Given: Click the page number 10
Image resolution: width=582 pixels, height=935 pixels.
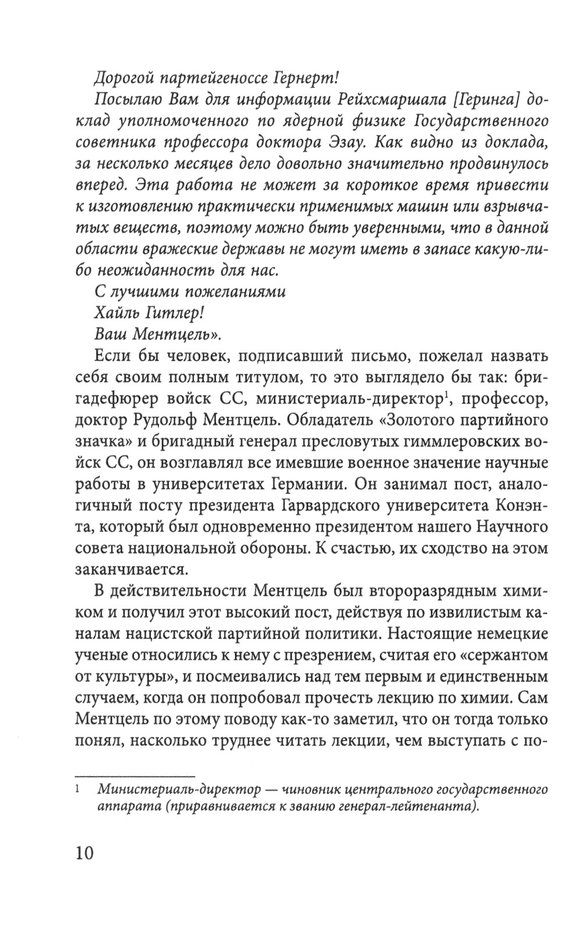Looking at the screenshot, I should pos(85,853).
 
